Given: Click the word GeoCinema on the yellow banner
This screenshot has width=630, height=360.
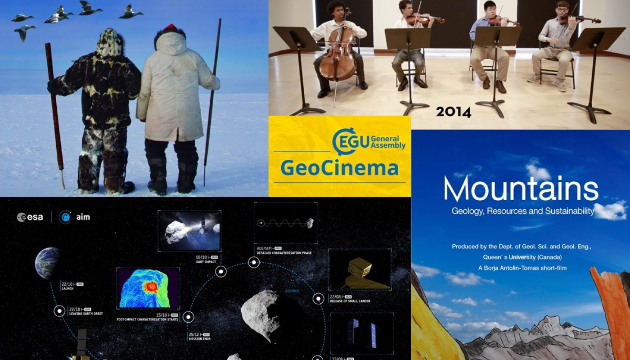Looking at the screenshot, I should coord(339,168).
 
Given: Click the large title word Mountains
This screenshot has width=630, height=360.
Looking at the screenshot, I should coord(521,189).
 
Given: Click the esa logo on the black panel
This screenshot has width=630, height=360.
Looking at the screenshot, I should coord(30,217).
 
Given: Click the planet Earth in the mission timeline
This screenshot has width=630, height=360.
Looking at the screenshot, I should coord(48,263).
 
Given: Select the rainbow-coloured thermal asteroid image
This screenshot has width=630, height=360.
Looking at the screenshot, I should coord(148,288).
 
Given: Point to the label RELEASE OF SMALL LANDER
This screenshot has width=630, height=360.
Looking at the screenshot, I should coord(350,301).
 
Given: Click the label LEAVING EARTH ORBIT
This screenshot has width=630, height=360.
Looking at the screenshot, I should coord(85,313).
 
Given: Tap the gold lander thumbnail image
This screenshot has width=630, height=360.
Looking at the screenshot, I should coord(359,269).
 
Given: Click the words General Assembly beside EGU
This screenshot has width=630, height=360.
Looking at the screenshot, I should coord(388,142).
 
